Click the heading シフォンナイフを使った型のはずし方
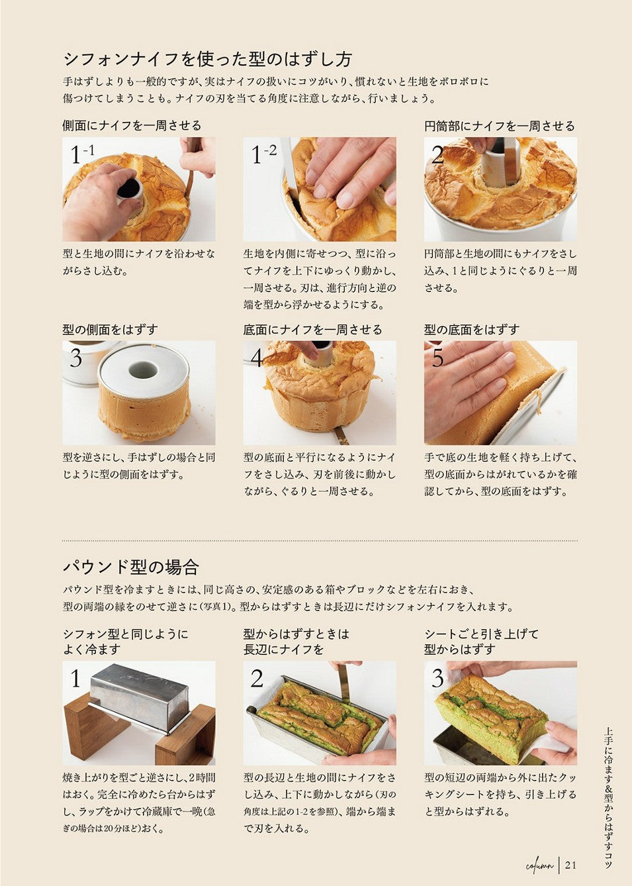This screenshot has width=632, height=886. click(x=207, y=60)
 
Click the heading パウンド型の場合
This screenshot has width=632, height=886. click(x=131, y=567)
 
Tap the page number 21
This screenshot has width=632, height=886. click(x=570, y=865)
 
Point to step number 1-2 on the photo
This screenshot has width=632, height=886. click(x=263, y=154)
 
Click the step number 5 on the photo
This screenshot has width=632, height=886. click(x=437, y=358)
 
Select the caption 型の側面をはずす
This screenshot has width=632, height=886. click(x=111, y=330)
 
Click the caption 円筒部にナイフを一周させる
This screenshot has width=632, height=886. click(x=500, y=126)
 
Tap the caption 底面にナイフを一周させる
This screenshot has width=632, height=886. click(x=312, y=330)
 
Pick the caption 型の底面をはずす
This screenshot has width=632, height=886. click(x=472, y=330)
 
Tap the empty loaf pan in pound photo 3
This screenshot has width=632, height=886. click(x=474, y=744)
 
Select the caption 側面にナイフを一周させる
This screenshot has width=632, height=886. click(x=132, y=126)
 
